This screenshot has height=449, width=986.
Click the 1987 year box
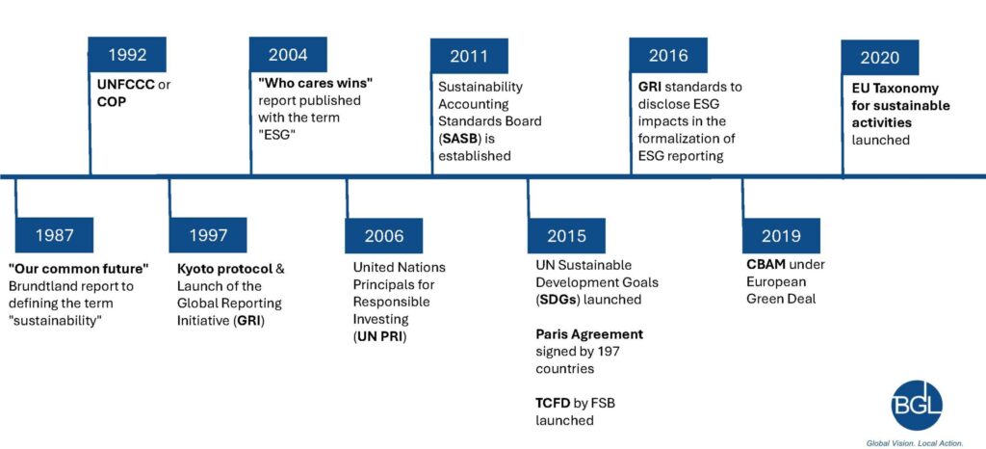(54, 235)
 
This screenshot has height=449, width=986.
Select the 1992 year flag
(127, 54)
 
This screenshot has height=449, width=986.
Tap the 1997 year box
(208, 235)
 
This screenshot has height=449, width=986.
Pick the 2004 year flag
(288, 54)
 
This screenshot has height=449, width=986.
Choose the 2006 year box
(383, 236)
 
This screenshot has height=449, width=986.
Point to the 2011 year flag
(469, 56)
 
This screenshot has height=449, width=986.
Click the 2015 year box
(566, 236)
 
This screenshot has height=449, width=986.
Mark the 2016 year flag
(668, 55)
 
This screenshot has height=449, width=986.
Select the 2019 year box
(781, 236)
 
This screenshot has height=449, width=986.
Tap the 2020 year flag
(880, 57)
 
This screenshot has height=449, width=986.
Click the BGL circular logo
(917, 405)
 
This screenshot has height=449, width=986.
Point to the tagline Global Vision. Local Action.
(915, 442)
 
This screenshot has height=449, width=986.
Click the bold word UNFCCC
(125, 85)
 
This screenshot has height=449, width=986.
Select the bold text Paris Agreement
(589, 334)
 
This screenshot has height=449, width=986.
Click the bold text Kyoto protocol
(225, 269)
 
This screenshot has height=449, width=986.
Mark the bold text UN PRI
(379, 336)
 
